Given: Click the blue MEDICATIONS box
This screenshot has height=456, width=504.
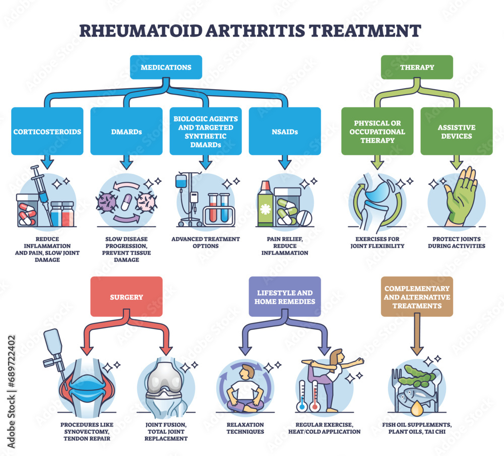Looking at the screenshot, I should [x=166, y=67].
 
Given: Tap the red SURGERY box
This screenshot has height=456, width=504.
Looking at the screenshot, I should [x=127, y=297].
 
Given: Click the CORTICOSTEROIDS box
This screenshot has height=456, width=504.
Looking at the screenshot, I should [x=47, y=131].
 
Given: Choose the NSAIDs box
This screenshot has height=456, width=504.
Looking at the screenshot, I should [x=285, y=131].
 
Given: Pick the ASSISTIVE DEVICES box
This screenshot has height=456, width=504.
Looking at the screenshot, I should [x=456, y=131].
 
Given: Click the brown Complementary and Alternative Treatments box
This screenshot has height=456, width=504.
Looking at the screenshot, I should [x=416, y=297].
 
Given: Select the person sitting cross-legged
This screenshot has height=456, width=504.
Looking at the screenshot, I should [x=247, y=385].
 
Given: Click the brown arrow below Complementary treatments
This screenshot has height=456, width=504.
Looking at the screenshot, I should [x=416, y=338].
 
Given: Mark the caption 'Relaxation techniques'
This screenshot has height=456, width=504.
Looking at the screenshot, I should [x=247, y=428].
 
